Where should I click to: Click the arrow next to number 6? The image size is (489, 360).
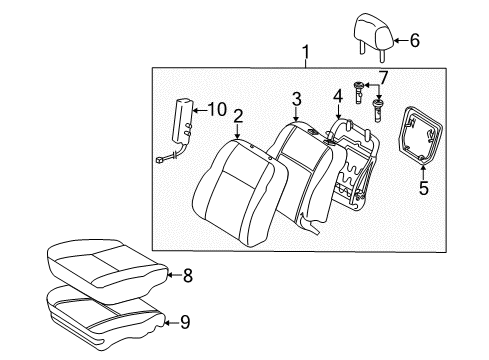coord(400,41)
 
